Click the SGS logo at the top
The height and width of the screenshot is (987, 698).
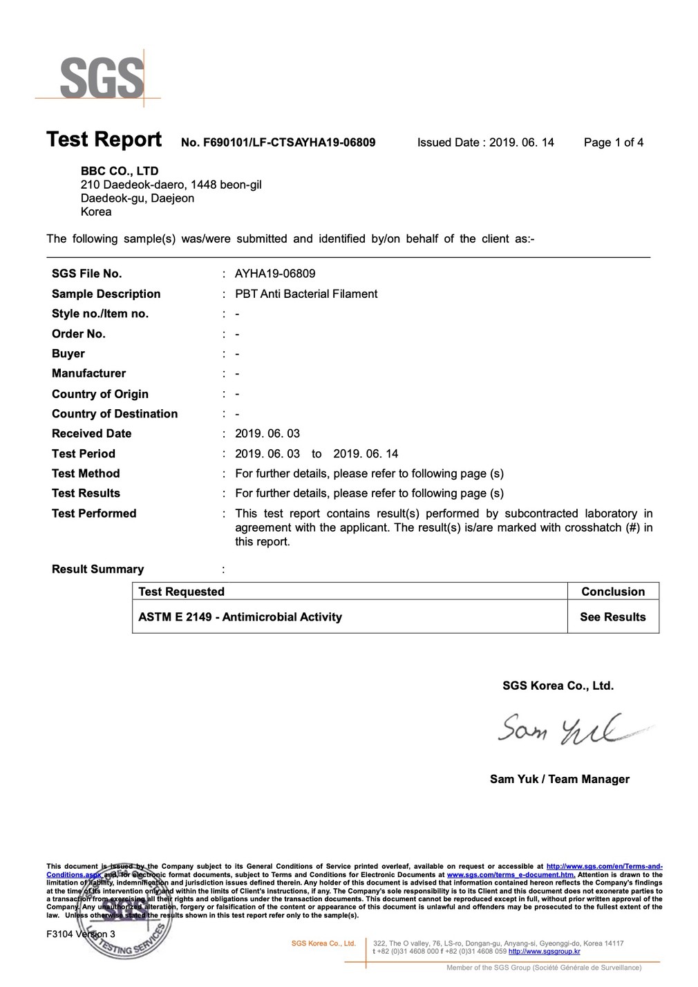click(102, 77)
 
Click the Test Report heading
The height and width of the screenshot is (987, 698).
click(104, 140)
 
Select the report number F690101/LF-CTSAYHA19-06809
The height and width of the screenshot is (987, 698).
click(278, 142)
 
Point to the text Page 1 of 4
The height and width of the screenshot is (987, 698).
click(613, 142)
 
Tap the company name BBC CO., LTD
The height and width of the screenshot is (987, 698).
click(120, 171)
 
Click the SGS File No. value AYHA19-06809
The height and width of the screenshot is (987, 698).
click(275, 274)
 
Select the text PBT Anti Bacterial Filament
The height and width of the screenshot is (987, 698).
click(306, 294)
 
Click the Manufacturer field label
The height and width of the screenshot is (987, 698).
click(88, 373)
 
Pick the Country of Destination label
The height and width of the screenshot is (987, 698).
click(115, 413)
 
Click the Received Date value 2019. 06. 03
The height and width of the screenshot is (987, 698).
click(267, 433)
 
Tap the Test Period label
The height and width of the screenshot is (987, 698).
click(84, 453)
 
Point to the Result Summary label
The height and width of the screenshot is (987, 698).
click(97, 569)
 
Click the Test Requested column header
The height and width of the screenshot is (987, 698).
click(181, 592)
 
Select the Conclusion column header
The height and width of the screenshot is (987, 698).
click(613, 592)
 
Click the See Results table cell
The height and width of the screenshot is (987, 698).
click(613, 617)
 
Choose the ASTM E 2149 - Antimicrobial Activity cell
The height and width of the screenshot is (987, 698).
click(240, 617)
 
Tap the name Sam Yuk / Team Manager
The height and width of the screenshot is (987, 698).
click(559, 779)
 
